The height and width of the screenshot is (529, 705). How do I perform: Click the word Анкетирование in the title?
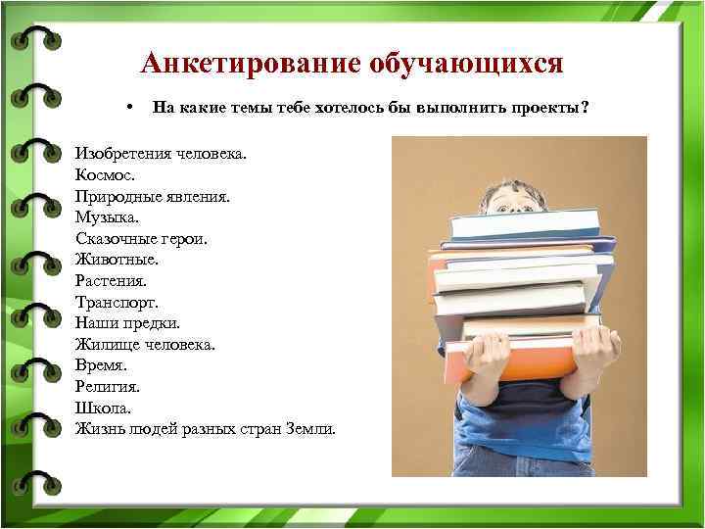tap(251, 65)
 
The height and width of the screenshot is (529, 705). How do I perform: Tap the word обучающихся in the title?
tap(467, 65)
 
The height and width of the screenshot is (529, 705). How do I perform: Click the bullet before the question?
tap(128, 106)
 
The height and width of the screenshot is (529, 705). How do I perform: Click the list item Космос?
tap(102, 175)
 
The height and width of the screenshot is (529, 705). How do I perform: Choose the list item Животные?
tap(116, 260)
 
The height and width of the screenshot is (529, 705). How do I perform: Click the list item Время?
tap(101, 365)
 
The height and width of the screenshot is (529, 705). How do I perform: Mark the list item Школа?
tap(102, 408)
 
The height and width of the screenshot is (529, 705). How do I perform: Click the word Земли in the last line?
tap(309, 429)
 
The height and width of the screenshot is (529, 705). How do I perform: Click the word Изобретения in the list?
tap(122, 154)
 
